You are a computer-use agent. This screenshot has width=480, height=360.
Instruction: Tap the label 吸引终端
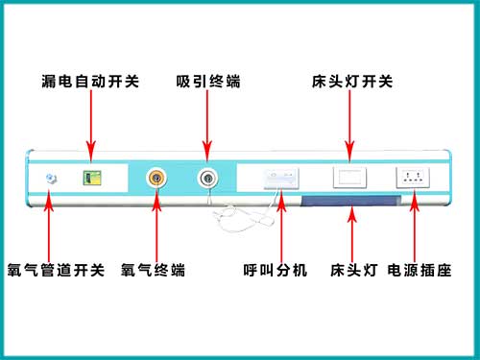[207, 81]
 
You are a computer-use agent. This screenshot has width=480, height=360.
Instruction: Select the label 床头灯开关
[352, 81]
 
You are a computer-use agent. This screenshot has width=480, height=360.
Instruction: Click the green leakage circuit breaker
[92, 178]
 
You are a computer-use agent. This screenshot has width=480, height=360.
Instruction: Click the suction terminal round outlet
[206, 178]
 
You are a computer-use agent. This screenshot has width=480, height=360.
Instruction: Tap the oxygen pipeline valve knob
[51, 179]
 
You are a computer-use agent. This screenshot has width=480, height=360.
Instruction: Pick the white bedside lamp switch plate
[348, 178]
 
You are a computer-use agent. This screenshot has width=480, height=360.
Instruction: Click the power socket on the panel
[414, 178]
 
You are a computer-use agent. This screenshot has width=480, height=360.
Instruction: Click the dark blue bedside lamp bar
[349, 199]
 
